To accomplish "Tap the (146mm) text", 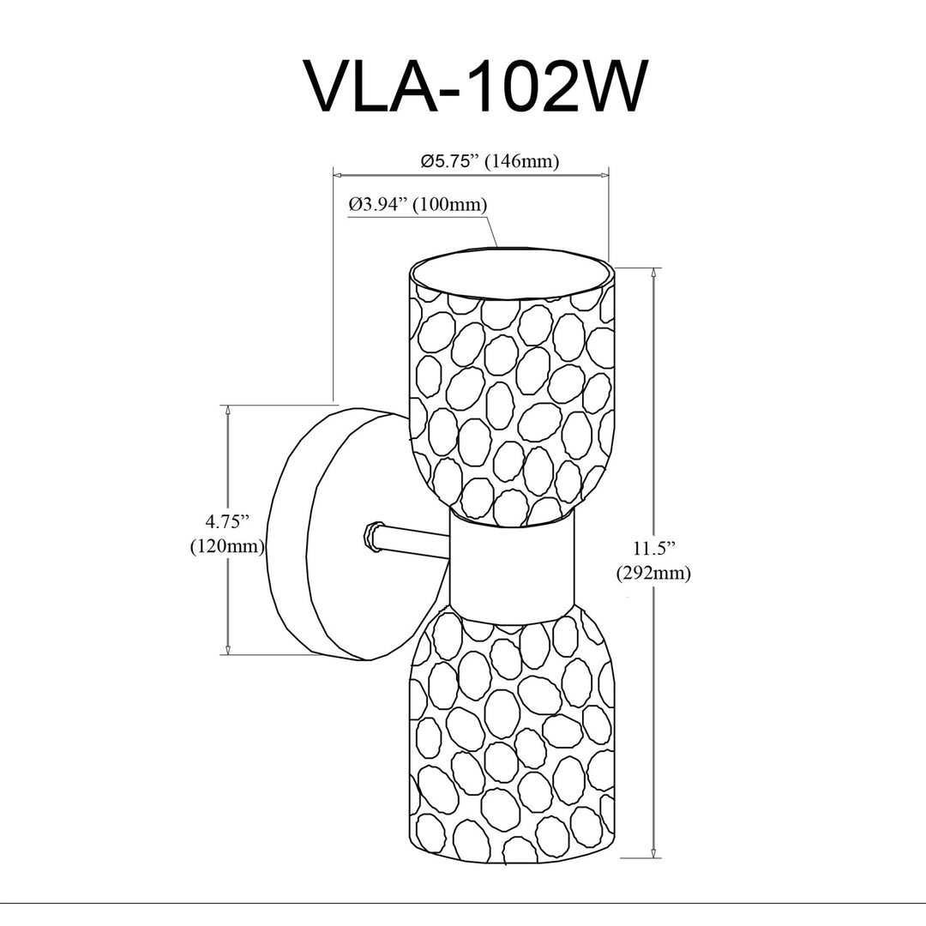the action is (521, 161).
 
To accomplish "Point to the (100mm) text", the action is (451, 205).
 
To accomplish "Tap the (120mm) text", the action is (227, 547).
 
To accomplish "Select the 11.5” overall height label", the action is (653, 548).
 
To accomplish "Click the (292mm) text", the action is (653, 574).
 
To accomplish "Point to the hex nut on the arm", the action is (372, 536).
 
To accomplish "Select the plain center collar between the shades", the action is (511, 567).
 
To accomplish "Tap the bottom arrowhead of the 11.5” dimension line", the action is (653, 851).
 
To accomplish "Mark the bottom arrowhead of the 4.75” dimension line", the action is (227, 648).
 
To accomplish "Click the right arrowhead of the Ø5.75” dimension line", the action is (603, 175).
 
